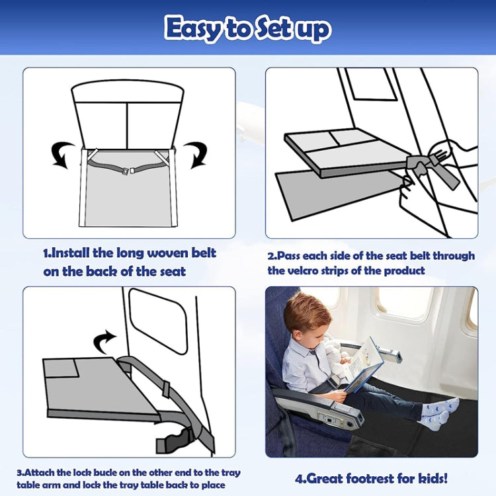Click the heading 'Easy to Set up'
click(248, 28)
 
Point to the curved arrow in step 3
click(104, 342)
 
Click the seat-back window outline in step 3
click(157, 321)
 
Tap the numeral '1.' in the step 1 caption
click(47, 253)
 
